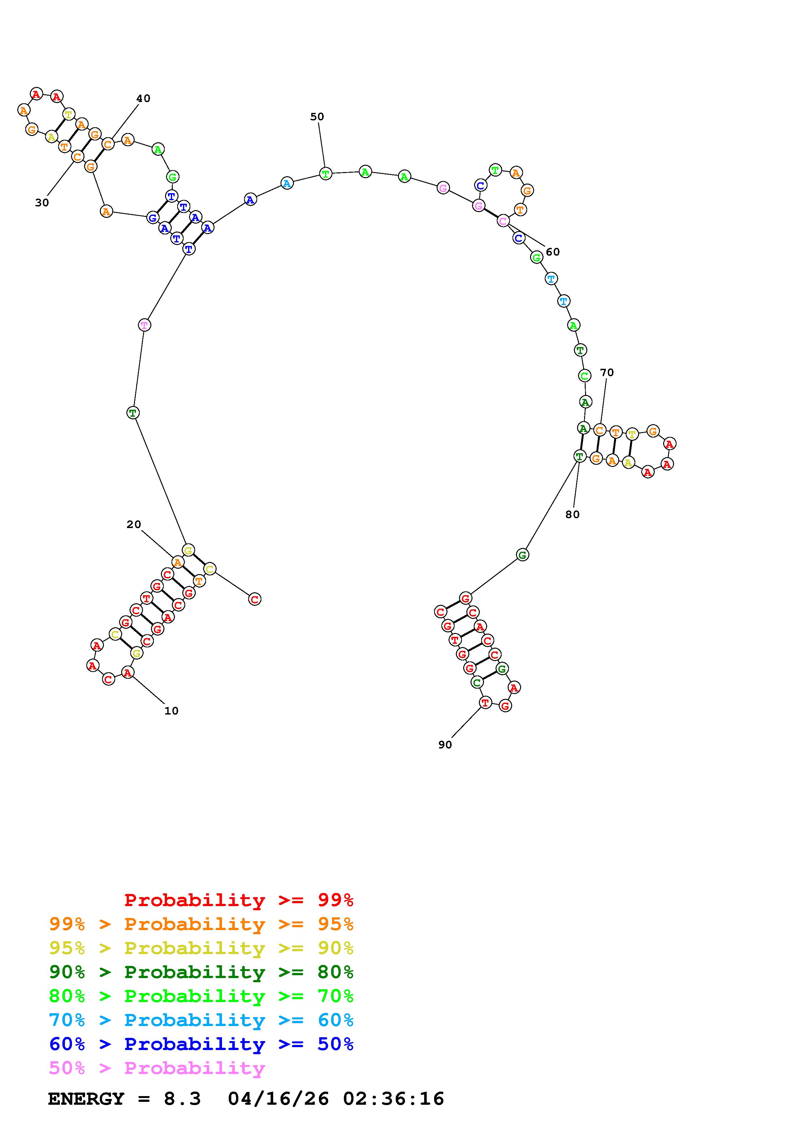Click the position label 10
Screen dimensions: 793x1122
[171, 711]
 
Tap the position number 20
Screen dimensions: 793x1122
[134, 524]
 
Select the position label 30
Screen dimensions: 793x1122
[42, 203]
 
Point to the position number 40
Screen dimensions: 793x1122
[143, 98]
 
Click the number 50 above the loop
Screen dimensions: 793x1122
[317, 117]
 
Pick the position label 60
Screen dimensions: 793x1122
[553, 252]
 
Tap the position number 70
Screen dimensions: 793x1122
[607, 372]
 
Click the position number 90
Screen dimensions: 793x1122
[445, 745]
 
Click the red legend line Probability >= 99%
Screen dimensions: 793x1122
[239, 900]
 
